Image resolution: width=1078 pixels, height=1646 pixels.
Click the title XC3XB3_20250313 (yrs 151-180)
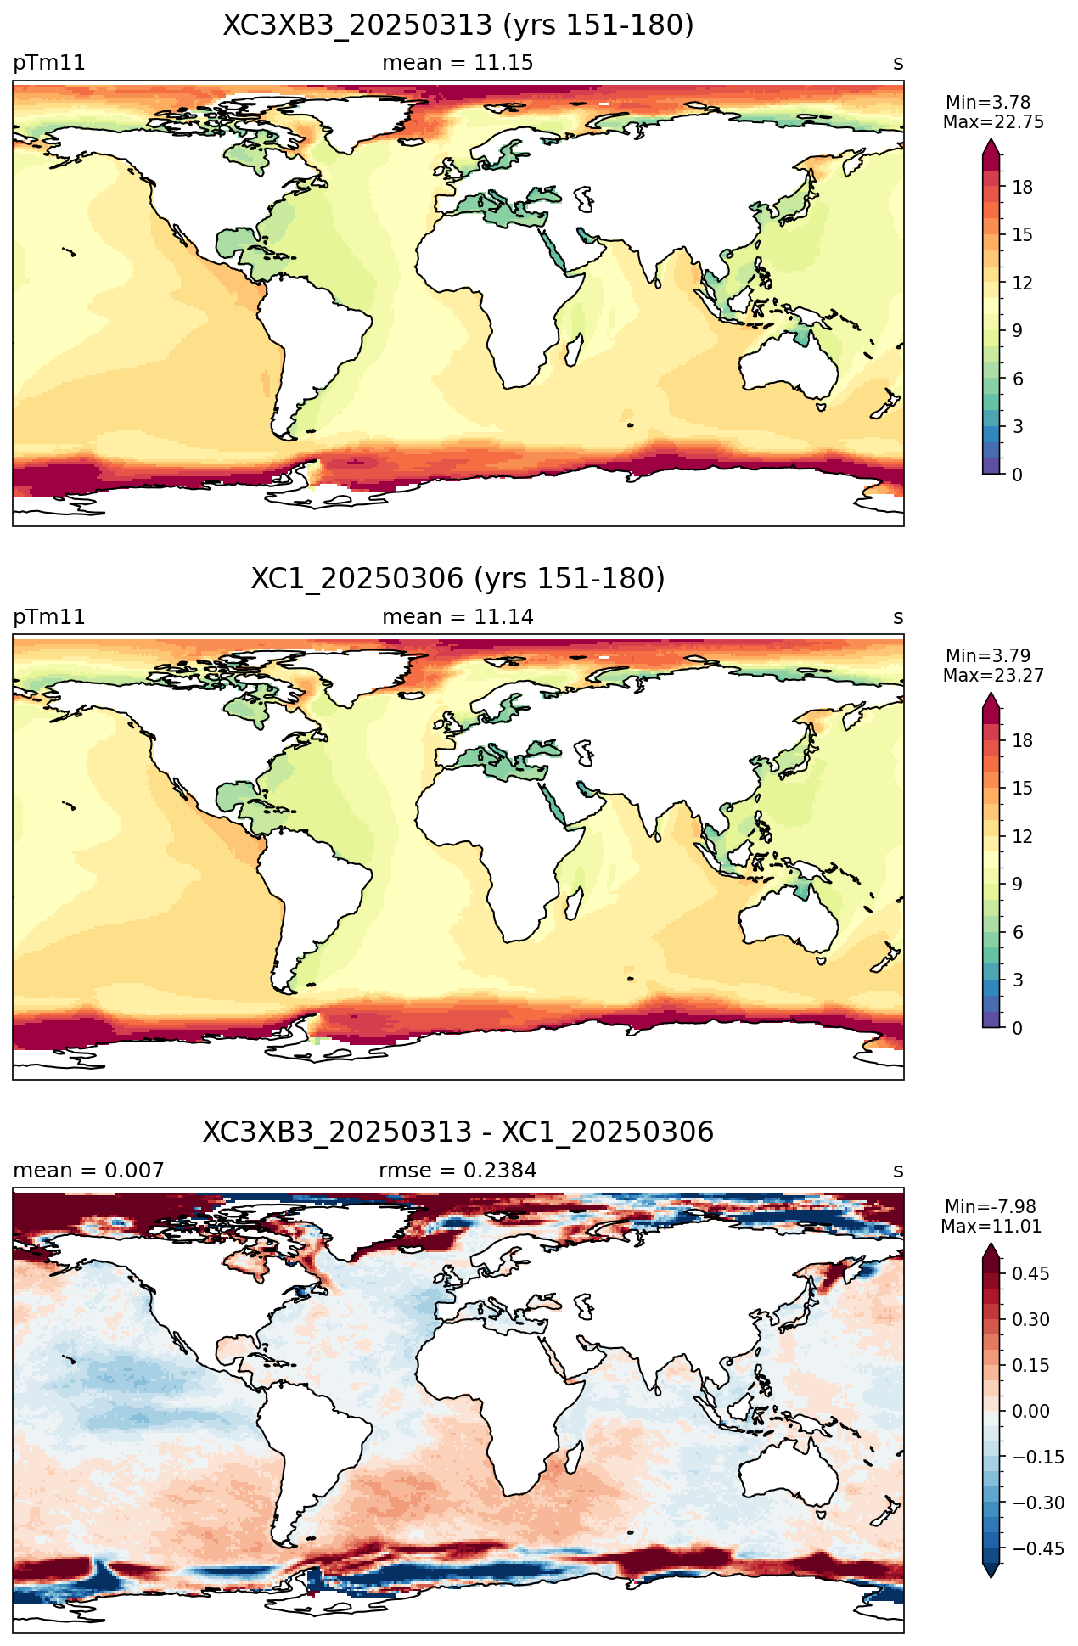click(x=458, y=25)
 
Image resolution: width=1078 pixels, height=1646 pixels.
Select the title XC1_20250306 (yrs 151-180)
click(x=458, y=579)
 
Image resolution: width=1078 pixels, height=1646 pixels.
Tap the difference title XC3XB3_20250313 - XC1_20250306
click(x=458, y=1132)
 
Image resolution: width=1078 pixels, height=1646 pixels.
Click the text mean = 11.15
click(x=458, y=63)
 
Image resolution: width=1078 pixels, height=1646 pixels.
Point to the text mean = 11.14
click(x=458, y=617)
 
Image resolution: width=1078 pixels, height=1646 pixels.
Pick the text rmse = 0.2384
click(x=458, y=1171)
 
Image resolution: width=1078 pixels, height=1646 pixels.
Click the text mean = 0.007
click(x=88, y=1171)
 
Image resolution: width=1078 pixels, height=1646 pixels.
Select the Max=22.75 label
click(x=993, y=122)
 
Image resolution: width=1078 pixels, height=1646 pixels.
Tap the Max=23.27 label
click(x=993, y=676)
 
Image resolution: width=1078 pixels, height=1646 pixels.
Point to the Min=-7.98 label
click(x=991, y=1207)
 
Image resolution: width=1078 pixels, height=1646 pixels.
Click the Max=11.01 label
click(x=991, y=1227)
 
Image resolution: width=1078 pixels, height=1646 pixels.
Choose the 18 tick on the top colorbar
click(x=1023, y=188)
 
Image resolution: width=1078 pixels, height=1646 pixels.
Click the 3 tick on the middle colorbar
click(x=1017, y=980)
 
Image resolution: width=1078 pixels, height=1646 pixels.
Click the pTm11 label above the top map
click(x=49, y=63)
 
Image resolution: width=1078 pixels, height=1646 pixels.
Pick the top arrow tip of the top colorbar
click(x=991, y=140)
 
